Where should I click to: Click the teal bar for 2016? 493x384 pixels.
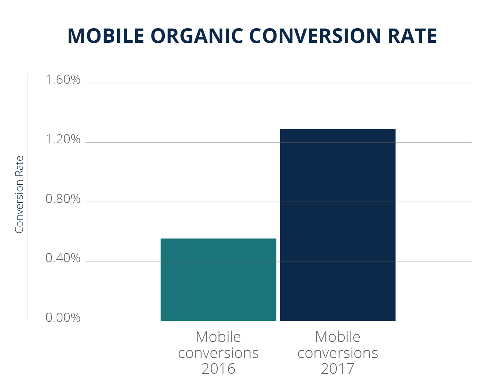(x=218, y=280)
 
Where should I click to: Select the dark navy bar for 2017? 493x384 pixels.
(x=338, y=225)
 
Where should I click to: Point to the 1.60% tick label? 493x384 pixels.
(x=63, y=80)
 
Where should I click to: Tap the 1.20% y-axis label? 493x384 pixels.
(x=63, y=139)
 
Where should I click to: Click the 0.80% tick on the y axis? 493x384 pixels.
(x=63, y=199)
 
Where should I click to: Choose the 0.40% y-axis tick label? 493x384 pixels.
(x=63, y=258)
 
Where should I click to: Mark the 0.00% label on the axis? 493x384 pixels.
(x=63, y=318)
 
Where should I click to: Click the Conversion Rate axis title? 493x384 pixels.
(x=19, y=195)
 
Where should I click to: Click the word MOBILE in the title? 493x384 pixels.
(x=106, y=36)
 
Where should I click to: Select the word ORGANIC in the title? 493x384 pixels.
(x=197, y=36)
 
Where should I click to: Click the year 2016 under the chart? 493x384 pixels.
(x=218, y=369)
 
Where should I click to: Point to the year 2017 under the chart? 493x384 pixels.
(x=338, y=369)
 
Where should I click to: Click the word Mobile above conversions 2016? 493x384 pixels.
(x=218, y=337)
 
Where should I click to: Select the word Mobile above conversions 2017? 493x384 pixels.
(x=338, y=337)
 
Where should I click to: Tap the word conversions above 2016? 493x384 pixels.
(x=218, y=353)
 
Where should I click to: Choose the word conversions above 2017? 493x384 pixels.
(x=338, y=353)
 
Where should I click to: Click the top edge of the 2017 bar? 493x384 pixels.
(x=338, y=129)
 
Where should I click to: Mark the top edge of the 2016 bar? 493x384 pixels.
(x=218, y=239)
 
